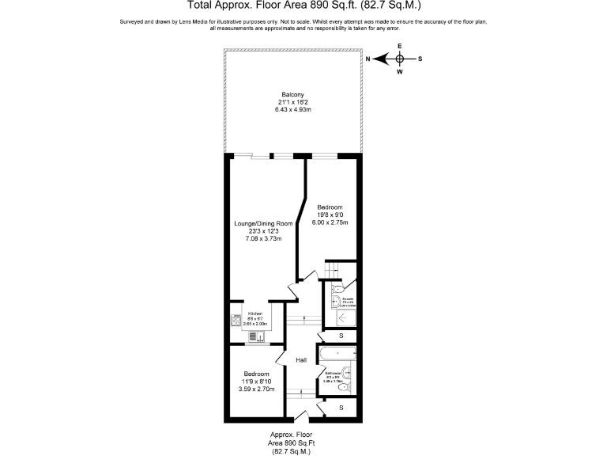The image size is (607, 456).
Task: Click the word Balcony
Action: click(292, 95)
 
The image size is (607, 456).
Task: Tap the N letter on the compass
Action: click(368, 59)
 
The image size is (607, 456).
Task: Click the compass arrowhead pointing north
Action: click(379, 59)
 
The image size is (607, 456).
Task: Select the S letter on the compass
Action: click(420, 59)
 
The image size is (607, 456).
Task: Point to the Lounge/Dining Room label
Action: click(263, 224)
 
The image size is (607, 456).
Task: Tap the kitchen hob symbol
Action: click(236, 321)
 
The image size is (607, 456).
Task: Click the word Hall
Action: click(301, 360)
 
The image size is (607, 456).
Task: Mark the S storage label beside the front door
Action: click(341, 407)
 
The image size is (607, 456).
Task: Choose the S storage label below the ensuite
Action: click(341, 336)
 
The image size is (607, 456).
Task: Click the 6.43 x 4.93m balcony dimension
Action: click(292, 109)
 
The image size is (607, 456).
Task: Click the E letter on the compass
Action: click(400, 46)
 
